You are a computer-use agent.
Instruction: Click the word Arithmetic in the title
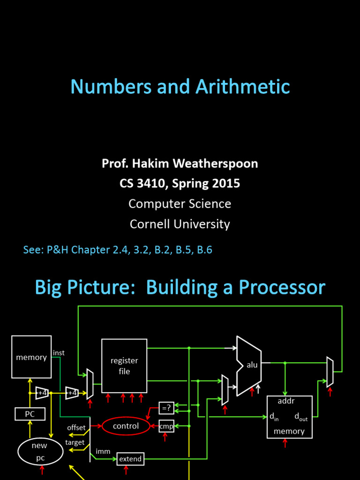pos(243,87)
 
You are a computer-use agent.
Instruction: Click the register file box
pos(124,366)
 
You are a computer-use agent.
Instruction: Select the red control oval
pos(126,426)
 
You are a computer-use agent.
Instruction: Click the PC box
pos(30,414)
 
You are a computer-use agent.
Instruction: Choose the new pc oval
pos(40,451)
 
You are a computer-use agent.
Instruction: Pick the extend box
pos(130,459)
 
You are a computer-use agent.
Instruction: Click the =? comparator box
pos(166,408)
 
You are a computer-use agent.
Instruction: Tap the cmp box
pos(166,426)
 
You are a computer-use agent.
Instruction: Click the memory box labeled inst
pos(31,357)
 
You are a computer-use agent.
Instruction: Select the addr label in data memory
pos(286,401)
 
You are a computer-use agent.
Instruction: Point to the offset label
pos(76,427)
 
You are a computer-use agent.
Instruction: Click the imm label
pos(103,451)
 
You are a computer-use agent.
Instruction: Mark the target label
pos(75,442)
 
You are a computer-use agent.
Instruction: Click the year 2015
pos(226,183)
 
